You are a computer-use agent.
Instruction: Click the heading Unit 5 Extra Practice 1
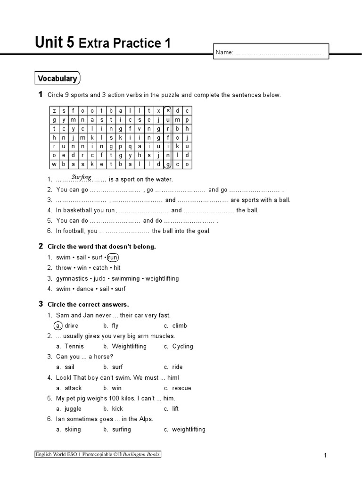tap(103, 43)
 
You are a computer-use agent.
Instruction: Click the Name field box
tap(270, 52)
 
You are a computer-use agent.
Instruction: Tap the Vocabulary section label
tap(57, 78)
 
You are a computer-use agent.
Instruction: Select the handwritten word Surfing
tap(81, 177)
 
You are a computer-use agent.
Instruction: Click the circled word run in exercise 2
tap(113, 258)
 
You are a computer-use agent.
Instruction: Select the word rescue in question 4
tap(181, 388)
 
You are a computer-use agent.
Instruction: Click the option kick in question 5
tap(117, 409)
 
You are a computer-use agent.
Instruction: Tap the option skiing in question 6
tap(73, 430)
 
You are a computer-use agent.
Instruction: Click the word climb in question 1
tap(180, 325)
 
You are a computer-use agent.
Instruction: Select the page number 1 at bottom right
tap(325, 455)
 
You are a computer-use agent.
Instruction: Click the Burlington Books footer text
tap(140, 455)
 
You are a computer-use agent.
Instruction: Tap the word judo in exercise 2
tap(99, 278)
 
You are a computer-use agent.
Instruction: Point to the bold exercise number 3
tap(41, 304)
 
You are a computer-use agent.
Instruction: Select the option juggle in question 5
tap(73, 409)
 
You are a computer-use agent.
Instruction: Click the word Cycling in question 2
tap(183, 346)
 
